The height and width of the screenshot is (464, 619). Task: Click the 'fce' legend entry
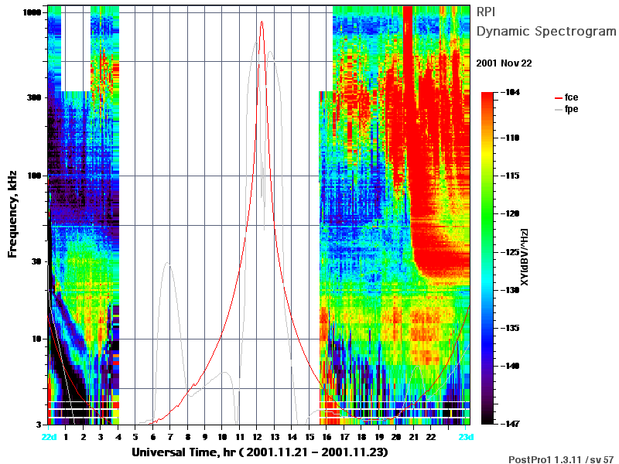(566, 97)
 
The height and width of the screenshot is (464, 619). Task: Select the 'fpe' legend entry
(566, 109)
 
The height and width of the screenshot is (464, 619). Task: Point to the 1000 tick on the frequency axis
(32, 12)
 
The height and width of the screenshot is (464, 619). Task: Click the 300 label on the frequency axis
(34, 97)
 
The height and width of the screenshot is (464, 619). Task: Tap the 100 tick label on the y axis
(34, 176)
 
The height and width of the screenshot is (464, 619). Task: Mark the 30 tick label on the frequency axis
(36, 261)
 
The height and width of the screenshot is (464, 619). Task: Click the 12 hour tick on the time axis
(257, 437)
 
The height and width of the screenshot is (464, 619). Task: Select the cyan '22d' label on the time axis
(49, 437)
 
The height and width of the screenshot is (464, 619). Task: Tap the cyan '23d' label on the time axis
(466, 437)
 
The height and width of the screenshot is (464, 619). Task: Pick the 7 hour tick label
(170, 437)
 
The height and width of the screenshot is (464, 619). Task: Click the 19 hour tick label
(379, 437)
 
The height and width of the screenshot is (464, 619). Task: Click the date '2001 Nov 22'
(504, 63)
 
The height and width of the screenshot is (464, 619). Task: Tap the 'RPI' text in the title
(486, 12)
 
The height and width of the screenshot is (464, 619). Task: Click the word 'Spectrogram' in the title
(576, 32)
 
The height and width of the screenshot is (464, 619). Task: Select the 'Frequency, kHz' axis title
(12, 214)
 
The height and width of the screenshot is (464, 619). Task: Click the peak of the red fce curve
(262, 22)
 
